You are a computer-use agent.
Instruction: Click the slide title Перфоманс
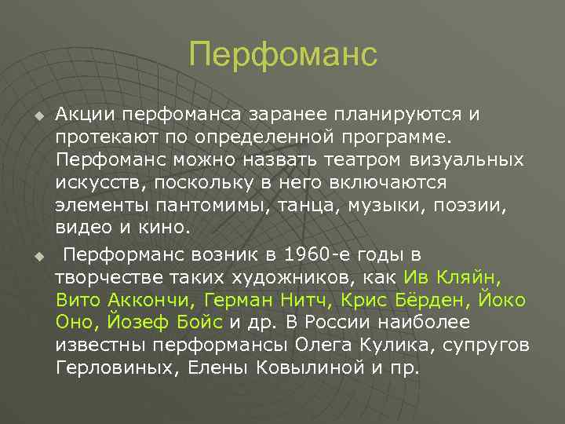pyautogui.click(x=282, y=55)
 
